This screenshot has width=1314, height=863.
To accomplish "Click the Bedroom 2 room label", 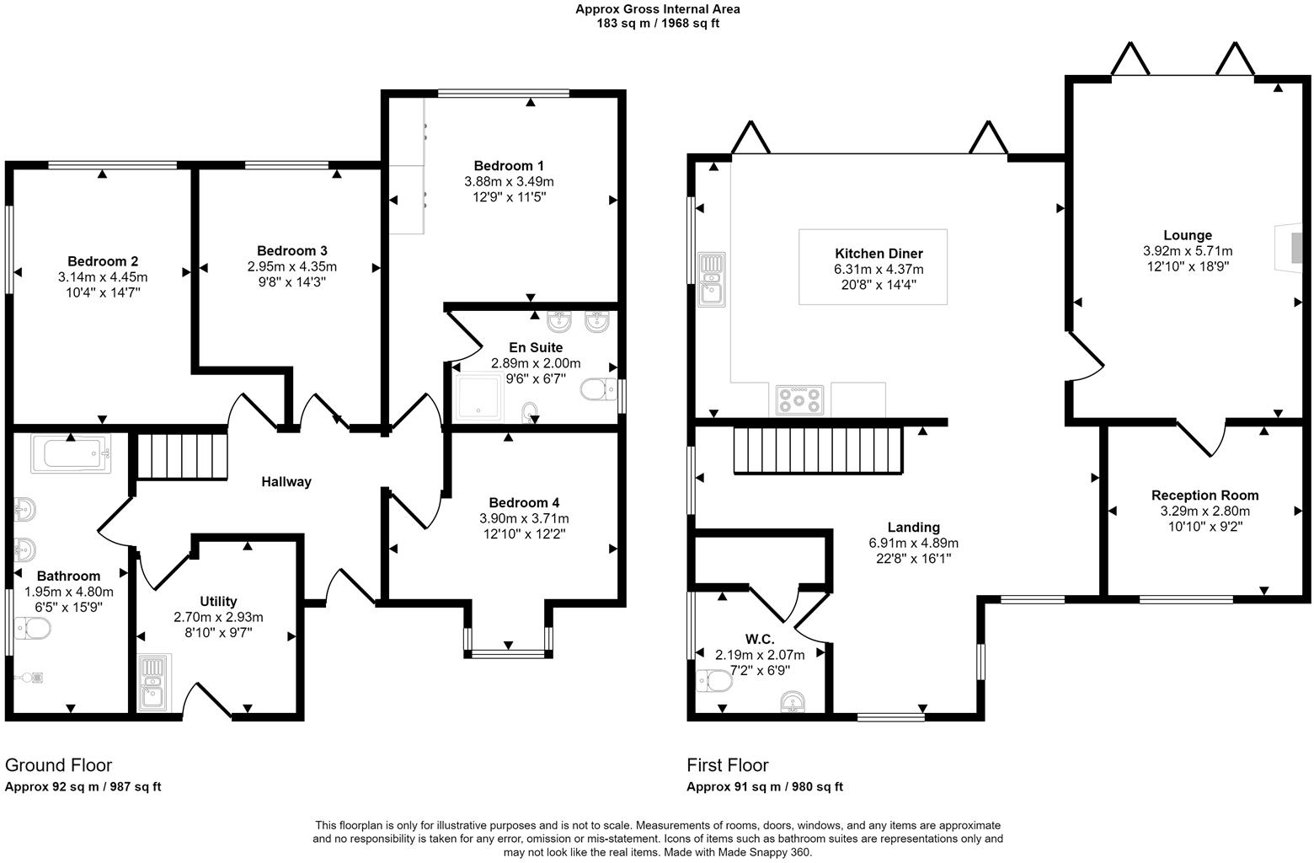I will [x=103, y=261].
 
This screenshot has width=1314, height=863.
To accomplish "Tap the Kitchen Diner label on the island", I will [x=879, y=254].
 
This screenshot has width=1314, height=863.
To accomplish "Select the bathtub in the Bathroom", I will [x=71, y=453].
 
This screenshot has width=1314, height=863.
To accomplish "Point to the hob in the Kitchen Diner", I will [x=799, y=399].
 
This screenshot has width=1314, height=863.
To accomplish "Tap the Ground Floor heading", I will [x=58, y=765].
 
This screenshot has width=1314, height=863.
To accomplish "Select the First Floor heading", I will [x=727, y=765].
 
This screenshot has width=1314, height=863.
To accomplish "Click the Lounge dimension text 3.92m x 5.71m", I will [x=1187, y=251].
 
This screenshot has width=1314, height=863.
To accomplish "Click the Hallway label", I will [x=286, y=482].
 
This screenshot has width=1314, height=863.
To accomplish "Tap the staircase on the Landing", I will [x=817, y=450].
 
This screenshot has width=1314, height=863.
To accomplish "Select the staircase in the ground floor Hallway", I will [x=182, y=456].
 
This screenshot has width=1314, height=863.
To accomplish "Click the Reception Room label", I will [x=1204, y=496].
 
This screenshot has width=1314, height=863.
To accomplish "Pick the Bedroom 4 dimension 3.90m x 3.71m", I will [x=524, y=518].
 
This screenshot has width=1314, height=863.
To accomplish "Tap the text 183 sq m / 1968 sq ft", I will [x=657, y=24].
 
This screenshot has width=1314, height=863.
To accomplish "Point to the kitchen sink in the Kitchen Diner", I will [x=711, y=278].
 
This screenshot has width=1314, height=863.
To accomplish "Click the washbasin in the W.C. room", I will [x=793, y=701].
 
